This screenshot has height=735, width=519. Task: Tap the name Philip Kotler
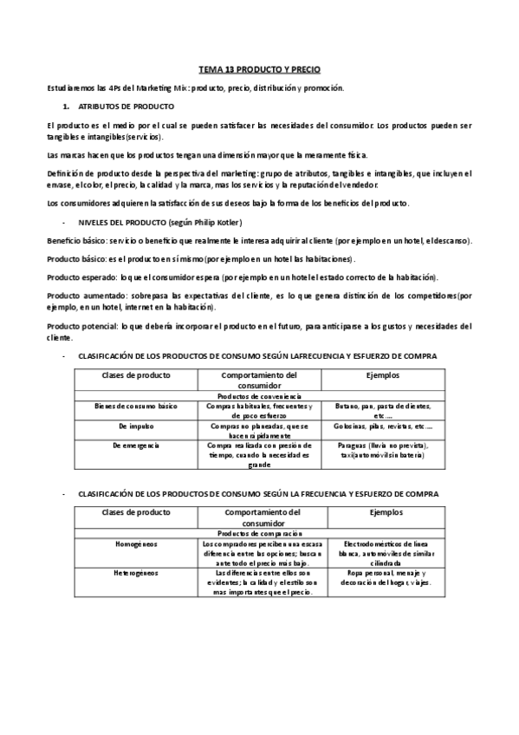[x=208, y=222]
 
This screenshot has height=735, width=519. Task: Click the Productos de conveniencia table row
[x=259, y=395]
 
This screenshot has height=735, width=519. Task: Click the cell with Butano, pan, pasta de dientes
[x=382, y=410]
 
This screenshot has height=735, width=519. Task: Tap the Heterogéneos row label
[x=136, y=573]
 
